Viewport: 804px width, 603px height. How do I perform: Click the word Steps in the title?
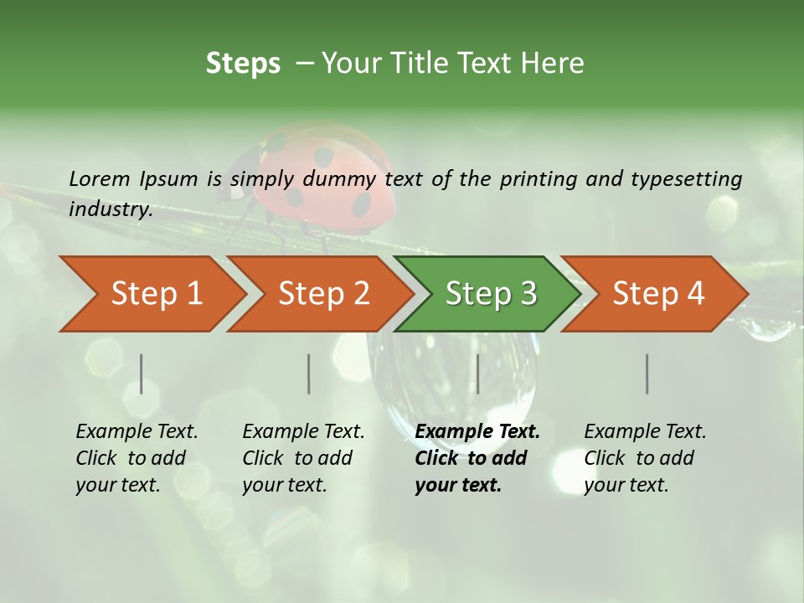(x=243, y=64)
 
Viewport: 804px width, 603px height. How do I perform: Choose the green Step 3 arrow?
(x=491, y=294)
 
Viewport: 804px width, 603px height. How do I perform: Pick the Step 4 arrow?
(x=658, y=294)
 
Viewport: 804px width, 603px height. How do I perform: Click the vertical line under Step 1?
(x=142, y=374)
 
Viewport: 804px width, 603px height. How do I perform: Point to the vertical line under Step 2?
(x=309, y=374)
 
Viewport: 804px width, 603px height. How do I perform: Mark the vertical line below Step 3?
(x=477, y=374)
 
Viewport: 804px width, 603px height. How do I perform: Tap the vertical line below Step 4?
(x=647, y=374)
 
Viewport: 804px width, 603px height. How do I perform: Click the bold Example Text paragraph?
(x=477, y=458)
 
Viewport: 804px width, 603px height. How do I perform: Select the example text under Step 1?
(x=137, y=458)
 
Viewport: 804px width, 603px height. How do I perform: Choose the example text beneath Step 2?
(x=303, y=458)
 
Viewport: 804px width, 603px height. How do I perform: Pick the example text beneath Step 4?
(x=645, y=458)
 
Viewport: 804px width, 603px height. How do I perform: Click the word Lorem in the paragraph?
(x=100, y=178)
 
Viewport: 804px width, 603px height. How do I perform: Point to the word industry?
(x=111, y=209)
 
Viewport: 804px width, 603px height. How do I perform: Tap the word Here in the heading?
(x=552, y=64)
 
